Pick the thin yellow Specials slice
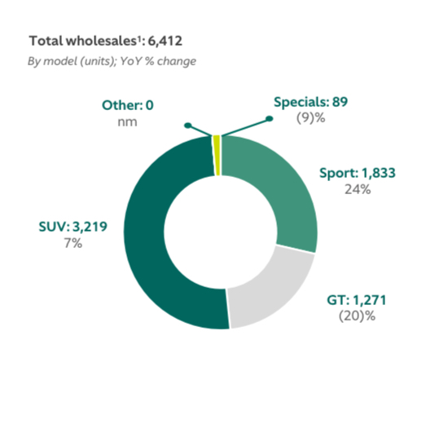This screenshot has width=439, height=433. point(217,144)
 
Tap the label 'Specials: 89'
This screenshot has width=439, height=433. point(320,103)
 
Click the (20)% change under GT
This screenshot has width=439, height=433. point(355,315)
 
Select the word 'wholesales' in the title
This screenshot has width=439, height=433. point(92,41)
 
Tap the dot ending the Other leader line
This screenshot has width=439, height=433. point(188,126)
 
